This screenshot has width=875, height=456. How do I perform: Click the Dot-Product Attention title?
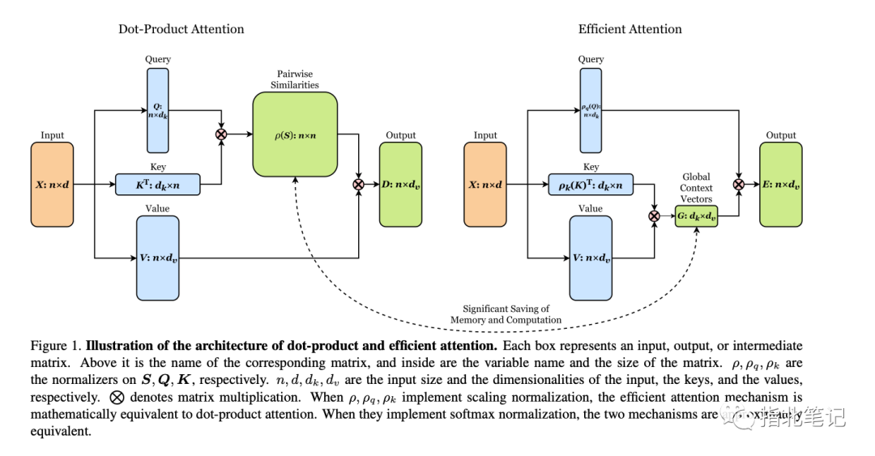181,29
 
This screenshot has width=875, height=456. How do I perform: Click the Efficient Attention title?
630,29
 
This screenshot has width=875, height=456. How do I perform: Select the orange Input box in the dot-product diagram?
52,184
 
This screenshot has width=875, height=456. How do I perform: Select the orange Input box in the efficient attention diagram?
485,184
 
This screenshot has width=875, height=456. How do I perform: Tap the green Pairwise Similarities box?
295,134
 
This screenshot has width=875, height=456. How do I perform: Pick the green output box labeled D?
401,184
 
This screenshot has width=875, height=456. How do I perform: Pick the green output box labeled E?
781,184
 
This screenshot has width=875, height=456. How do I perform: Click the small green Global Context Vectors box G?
697,215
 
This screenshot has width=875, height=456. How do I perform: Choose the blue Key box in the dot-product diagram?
157,185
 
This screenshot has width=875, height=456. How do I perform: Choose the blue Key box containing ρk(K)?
591,185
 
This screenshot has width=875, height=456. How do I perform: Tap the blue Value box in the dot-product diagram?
157,258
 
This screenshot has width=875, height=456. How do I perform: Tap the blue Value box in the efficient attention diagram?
591,258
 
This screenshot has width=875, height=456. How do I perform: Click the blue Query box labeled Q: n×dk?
157,109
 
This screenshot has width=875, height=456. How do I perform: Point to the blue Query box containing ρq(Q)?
591,109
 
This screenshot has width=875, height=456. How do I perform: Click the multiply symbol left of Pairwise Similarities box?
221,134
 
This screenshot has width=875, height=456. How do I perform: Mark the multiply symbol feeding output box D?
358,185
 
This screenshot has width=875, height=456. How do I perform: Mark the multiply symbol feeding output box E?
739,185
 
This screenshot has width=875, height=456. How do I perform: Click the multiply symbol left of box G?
654,215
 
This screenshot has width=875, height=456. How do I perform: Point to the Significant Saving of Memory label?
506,314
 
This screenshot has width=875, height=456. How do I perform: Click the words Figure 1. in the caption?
52,346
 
